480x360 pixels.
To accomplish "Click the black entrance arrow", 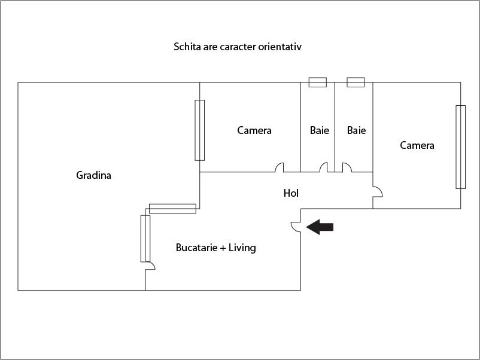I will click(x=320, y=226).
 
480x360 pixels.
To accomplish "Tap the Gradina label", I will click(x=94, y=175).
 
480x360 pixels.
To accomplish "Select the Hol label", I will click(x=291, y=193).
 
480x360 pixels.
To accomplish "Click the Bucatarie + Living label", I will click(x=216, y=248).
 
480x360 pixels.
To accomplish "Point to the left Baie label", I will click(x=320, y=130).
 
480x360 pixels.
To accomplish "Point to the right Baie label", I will click(x=356, y=130).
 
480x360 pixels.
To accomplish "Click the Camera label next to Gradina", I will click(x=254, y=130).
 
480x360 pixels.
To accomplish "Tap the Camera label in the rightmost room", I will click(x=417, y=145).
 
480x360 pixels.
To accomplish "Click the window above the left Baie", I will click(x=317, y=82).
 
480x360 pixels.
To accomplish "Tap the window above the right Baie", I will click(x=356, y=82).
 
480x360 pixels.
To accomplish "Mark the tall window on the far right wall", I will click(x=460, y=147).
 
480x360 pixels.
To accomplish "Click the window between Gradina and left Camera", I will click(x=200, y=130).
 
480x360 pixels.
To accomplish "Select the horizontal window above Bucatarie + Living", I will click(x=172, y=208).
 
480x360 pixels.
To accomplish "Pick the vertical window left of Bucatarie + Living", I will click(x=145, y=238).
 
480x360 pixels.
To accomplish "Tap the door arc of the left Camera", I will click(x=280, y=168).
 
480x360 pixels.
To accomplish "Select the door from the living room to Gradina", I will click(x=150, y=266).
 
